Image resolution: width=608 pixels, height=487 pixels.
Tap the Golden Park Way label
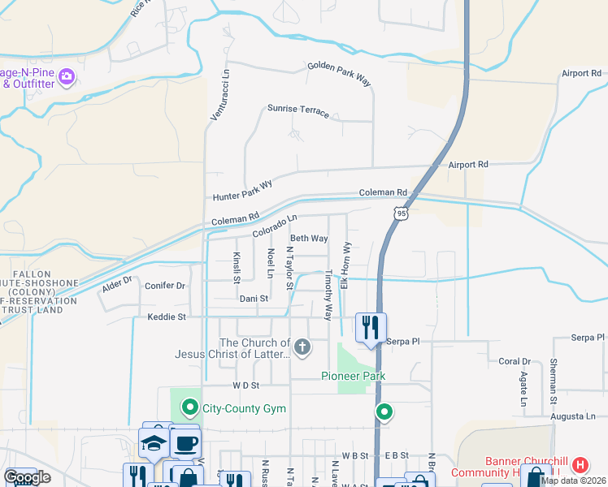tap(339, 74)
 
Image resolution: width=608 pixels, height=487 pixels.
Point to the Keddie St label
tap(167, 317)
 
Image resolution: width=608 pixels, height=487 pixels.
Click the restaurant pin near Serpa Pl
tap(371, 328)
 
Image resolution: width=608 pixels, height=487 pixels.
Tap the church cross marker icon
tap(302, 348)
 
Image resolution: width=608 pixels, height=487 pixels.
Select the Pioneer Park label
tap(352, 376)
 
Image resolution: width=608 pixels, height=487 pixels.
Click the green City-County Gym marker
tap(190, 406)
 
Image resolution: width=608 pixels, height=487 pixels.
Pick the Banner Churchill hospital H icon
tap(580, 465)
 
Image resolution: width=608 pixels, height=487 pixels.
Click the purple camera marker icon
tap(67, 77)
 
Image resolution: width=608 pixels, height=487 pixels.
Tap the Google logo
tap(27, 477)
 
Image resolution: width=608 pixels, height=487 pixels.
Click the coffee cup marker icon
tap(185, 443)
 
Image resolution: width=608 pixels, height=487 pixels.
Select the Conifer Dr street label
tap(165, 286)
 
